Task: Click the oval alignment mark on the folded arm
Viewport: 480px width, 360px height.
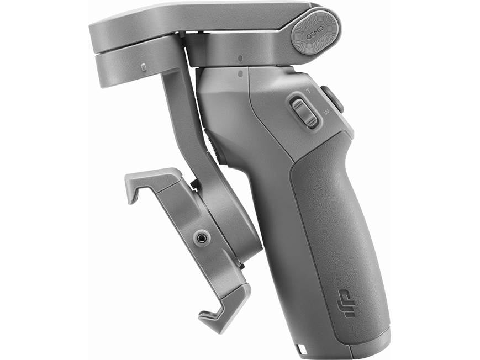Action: pyautogui.click(x=240, y=57)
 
